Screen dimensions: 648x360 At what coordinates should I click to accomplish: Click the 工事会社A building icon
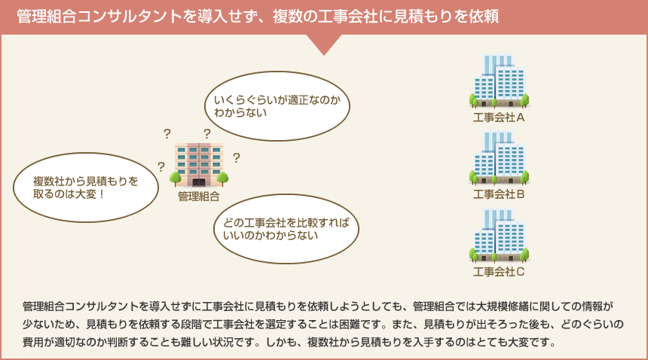click(x=500, y=80)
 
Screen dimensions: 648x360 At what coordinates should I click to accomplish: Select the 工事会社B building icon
click(x=500, y=157)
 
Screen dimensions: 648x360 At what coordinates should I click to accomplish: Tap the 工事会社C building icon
click(x=500, y=235)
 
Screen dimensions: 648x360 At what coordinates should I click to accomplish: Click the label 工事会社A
click(x=499, y=117)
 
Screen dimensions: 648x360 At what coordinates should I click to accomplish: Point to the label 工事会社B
click(x=499, y=194)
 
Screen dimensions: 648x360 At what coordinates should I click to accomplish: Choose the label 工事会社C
click(x=499, y=272)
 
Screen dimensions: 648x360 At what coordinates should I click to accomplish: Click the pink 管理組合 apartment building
click(x=199, y=165)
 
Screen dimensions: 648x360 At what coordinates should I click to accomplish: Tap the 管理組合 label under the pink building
click(x=199, y=197)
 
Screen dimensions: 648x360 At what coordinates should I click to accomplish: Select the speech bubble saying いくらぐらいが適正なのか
click(x=277, y=106)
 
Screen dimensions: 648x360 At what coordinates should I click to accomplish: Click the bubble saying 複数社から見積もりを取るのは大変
click(x=86, y=188)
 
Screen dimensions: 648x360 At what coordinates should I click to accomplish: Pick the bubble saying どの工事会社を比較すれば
click(x=286, y=229)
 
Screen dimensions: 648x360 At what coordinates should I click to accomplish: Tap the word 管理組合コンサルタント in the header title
click(x=99, y=17)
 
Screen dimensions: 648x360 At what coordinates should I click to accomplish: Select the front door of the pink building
click(x=199, y=182)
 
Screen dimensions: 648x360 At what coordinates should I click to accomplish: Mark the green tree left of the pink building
click(x=176, y=178)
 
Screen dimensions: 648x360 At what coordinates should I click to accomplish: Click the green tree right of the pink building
click(x=223, y=178)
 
